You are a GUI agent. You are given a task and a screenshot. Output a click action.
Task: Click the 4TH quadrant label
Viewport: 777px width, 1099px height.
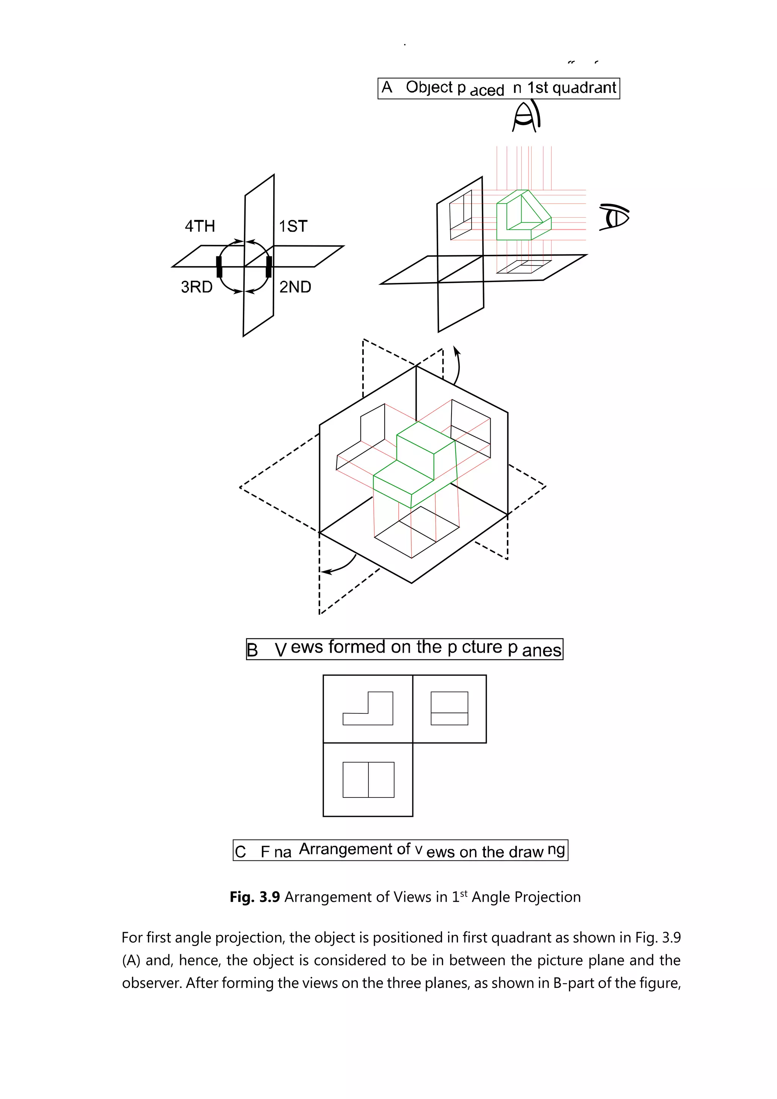coord(200,226)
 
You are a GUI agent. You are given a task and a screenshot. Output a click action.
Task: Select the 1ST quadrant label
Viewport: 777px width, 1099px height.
coord(293,226)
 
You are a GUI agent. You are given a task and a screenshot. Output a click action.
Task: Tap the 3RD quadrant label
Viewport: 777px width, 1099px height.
coord(196,287)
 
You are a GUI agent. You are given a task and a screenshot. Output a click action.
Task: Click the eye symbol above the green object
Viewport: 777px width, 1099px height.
coord(526,117)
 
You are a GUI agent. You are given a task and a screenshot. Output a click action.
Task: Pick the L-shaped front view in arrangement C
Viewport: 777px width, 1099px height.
coord(368,710)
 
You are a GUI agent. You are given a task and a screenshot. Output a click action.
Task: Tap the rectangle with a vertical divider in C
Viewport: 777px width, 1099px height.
coord(368,780)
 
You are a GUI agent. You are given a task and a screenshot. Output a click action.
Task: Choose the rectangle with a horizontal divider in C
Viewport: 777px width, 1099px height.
coord(449,708)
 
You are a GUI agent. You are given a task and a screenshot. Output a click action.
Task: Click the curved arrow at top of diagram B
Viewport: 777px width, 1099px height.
coord(457,366)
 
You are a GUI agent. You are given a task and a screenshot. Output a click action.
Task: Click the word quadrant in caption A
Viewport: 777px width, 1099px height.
coord(584,88)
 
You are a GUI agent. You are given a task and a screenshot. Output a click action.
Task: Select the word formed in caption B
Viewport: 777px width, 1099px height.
coord(357,647)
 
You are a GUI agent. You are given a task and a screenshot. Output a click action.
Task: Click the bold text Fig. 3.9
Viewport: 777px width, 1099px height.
coord(255,897)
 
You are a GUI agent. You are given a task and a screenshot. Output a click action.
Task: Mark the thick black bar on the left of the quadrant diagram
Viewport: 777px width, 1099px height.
coord(219,267)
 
